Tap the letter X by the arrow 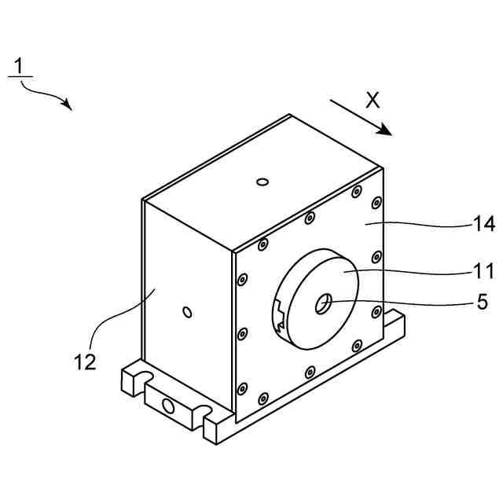coord(373,100)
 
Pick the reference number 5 coord(483,301)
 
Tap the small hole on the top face coord(263,183)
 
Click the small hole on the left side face coord(187,313)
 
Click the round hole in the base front coord(167,406)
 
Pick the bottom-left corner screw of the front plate coord(242,387)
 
